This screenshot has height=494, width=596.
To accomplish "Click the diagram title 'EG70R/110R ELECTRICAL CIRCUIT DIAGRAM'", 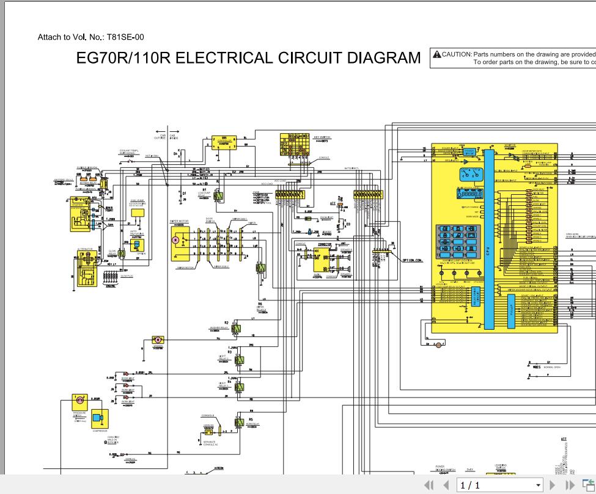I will point(248,58).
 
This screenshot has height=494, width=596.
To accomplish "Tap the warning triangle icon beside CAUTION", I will point(436,54).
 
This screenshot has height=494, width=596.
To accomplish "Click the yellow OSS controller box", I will point(224,142).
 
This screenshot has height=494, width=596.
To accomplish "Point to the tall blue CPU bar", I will point(488,238).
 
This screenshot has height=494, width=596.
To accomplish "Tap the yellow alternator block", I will point(86,264).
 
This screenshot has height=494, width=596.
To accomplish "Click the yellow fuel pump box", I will point(137,212).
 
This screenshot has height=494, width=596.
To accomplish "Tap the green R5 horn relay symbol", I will point(239,421).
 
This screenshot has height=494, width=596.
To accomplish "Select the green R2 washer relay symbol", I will point(236,329).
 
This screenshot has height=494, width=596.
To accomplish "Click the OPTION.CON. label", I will point(412,261).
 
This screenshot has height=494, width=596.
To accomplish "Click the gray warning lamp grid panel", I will point(458,242).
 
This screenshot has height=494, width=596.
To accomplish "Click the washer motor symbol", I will point(158,340).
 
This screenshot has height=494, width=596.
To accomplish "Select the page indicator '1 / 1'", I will point(471,485).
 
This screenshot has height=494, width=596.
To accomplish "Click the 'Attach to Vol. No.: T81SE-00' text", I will point(91,37).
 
